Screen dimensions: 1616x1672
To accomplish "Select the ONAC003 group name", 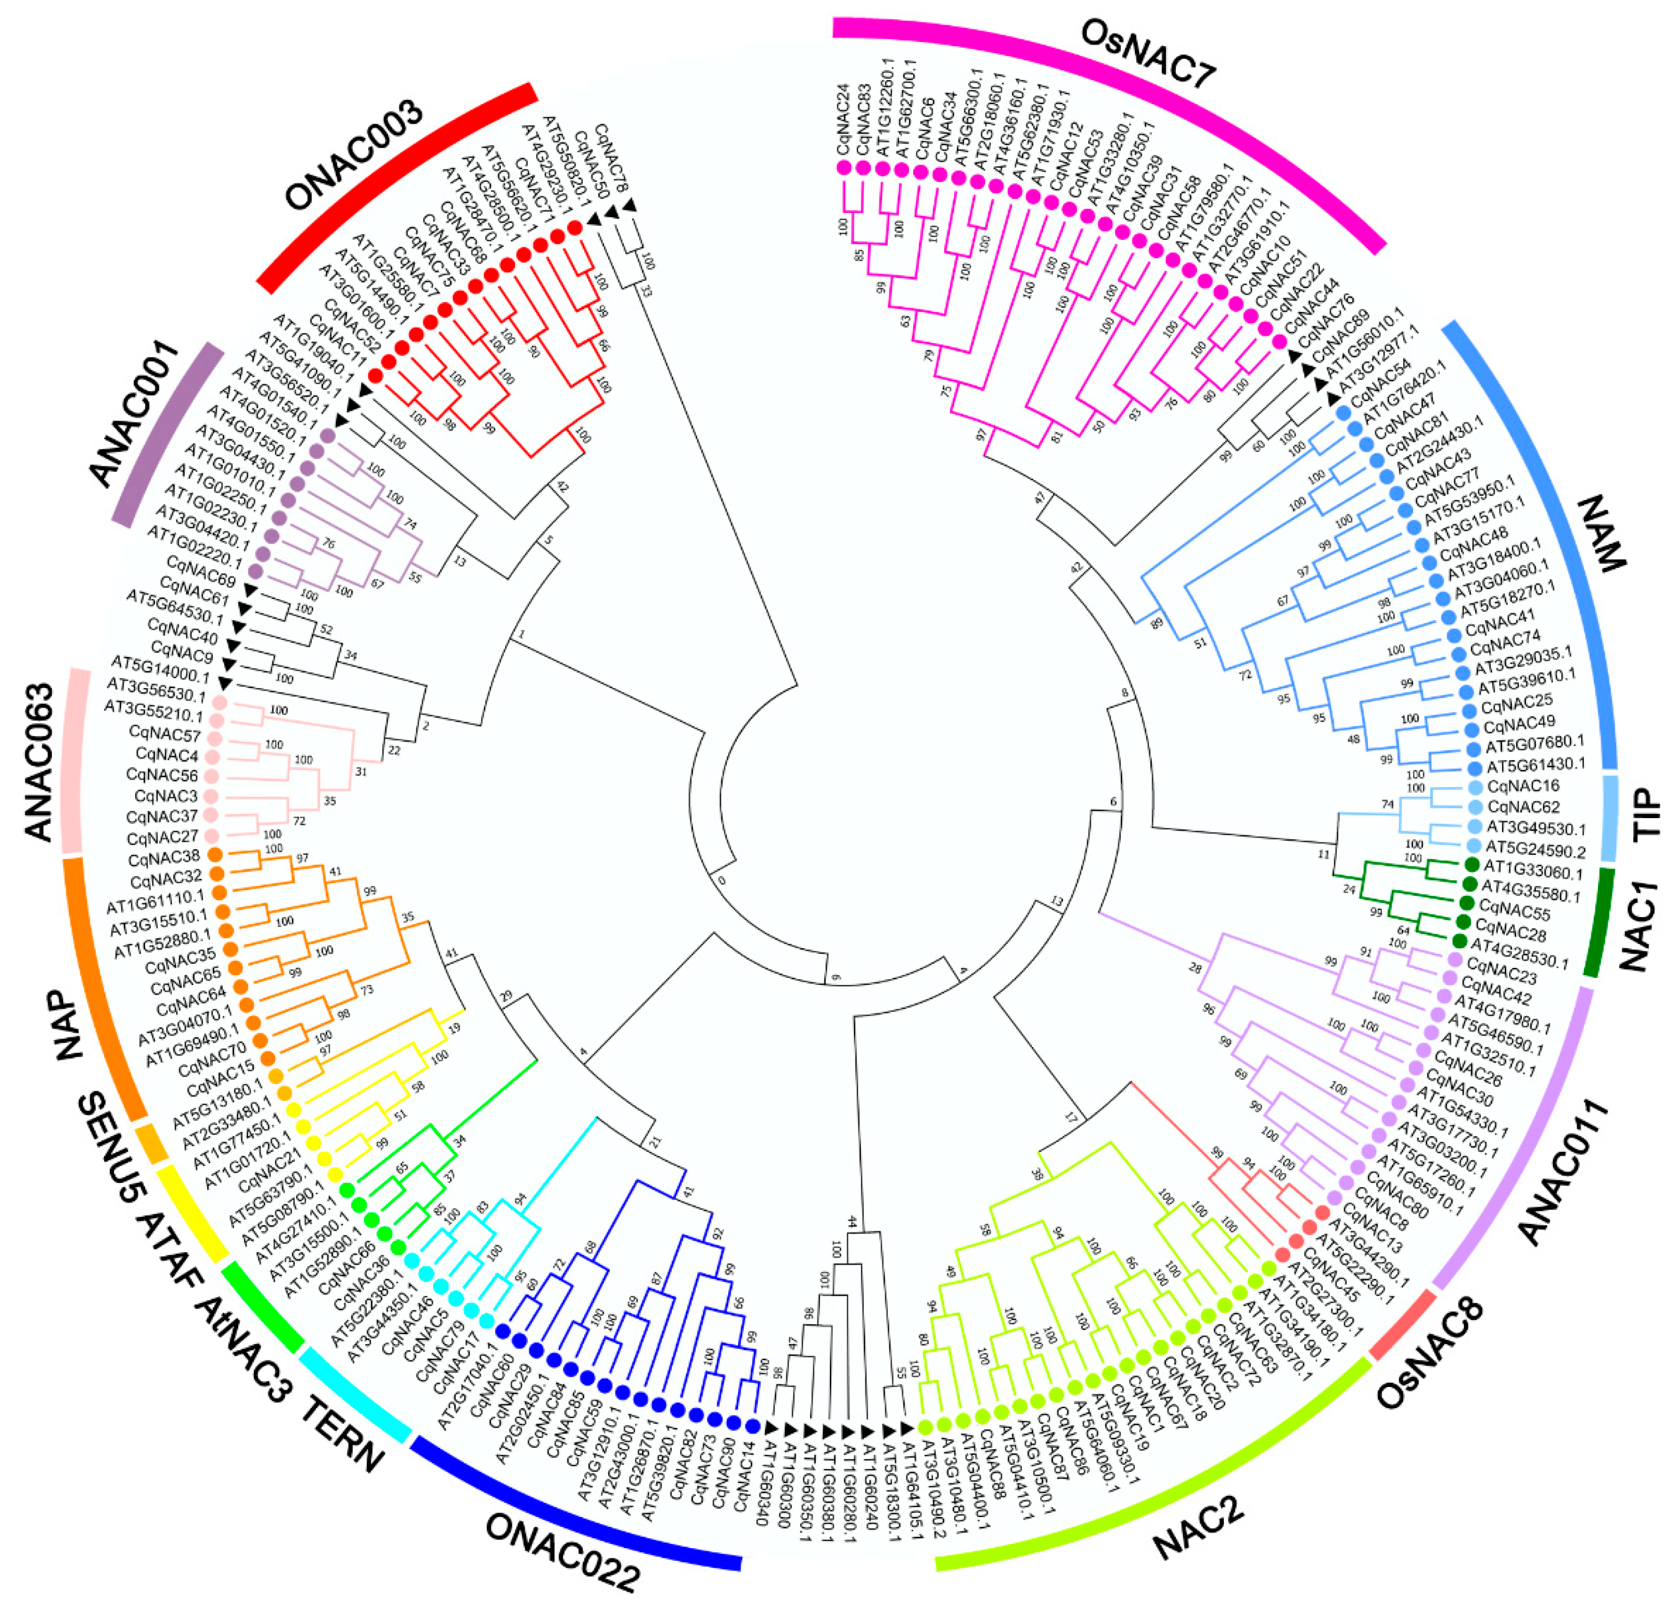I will point(352,156).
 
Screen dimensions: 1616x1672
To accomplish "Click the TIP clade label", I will point(1647,813).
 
